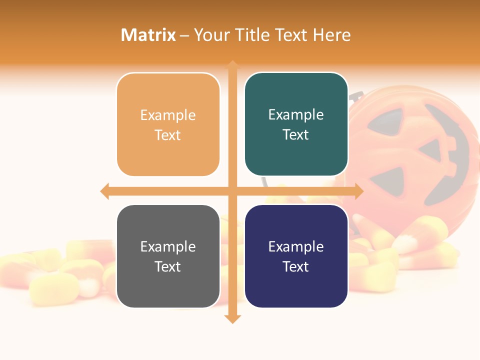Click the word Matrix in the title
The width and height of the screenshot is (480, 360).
click(148, 35)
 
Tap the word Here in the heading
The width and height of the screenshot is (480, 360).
click(331, 35)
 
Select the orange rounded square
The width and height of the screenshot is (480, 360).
click(168, 125)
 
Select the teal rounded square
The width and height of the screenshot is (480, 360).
click(296, 125)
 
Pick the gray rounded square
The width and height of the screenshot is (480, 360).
click(168, 256)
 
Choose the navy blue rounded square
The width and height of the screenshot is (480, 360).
click(296, 256)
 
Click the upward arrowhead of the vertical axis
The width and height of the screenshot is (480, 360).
click(232, 65)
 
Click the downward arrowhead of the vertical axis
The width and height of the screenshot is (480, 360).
click(232, 318)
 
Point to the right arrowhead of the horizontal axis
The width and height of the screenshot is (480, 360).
click(358, 191)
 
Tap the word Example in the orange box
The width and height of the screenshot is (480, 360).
click(168, 115)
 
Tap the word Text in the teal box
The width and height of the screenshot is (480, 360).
click(296, 135)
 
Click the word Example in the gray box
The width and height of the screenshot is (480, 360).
click(168, 247)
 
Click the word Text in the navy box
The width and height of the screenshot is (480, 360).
click(296, 267)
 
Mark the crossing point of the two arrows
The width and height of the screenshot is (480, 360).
click(232, 191)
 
